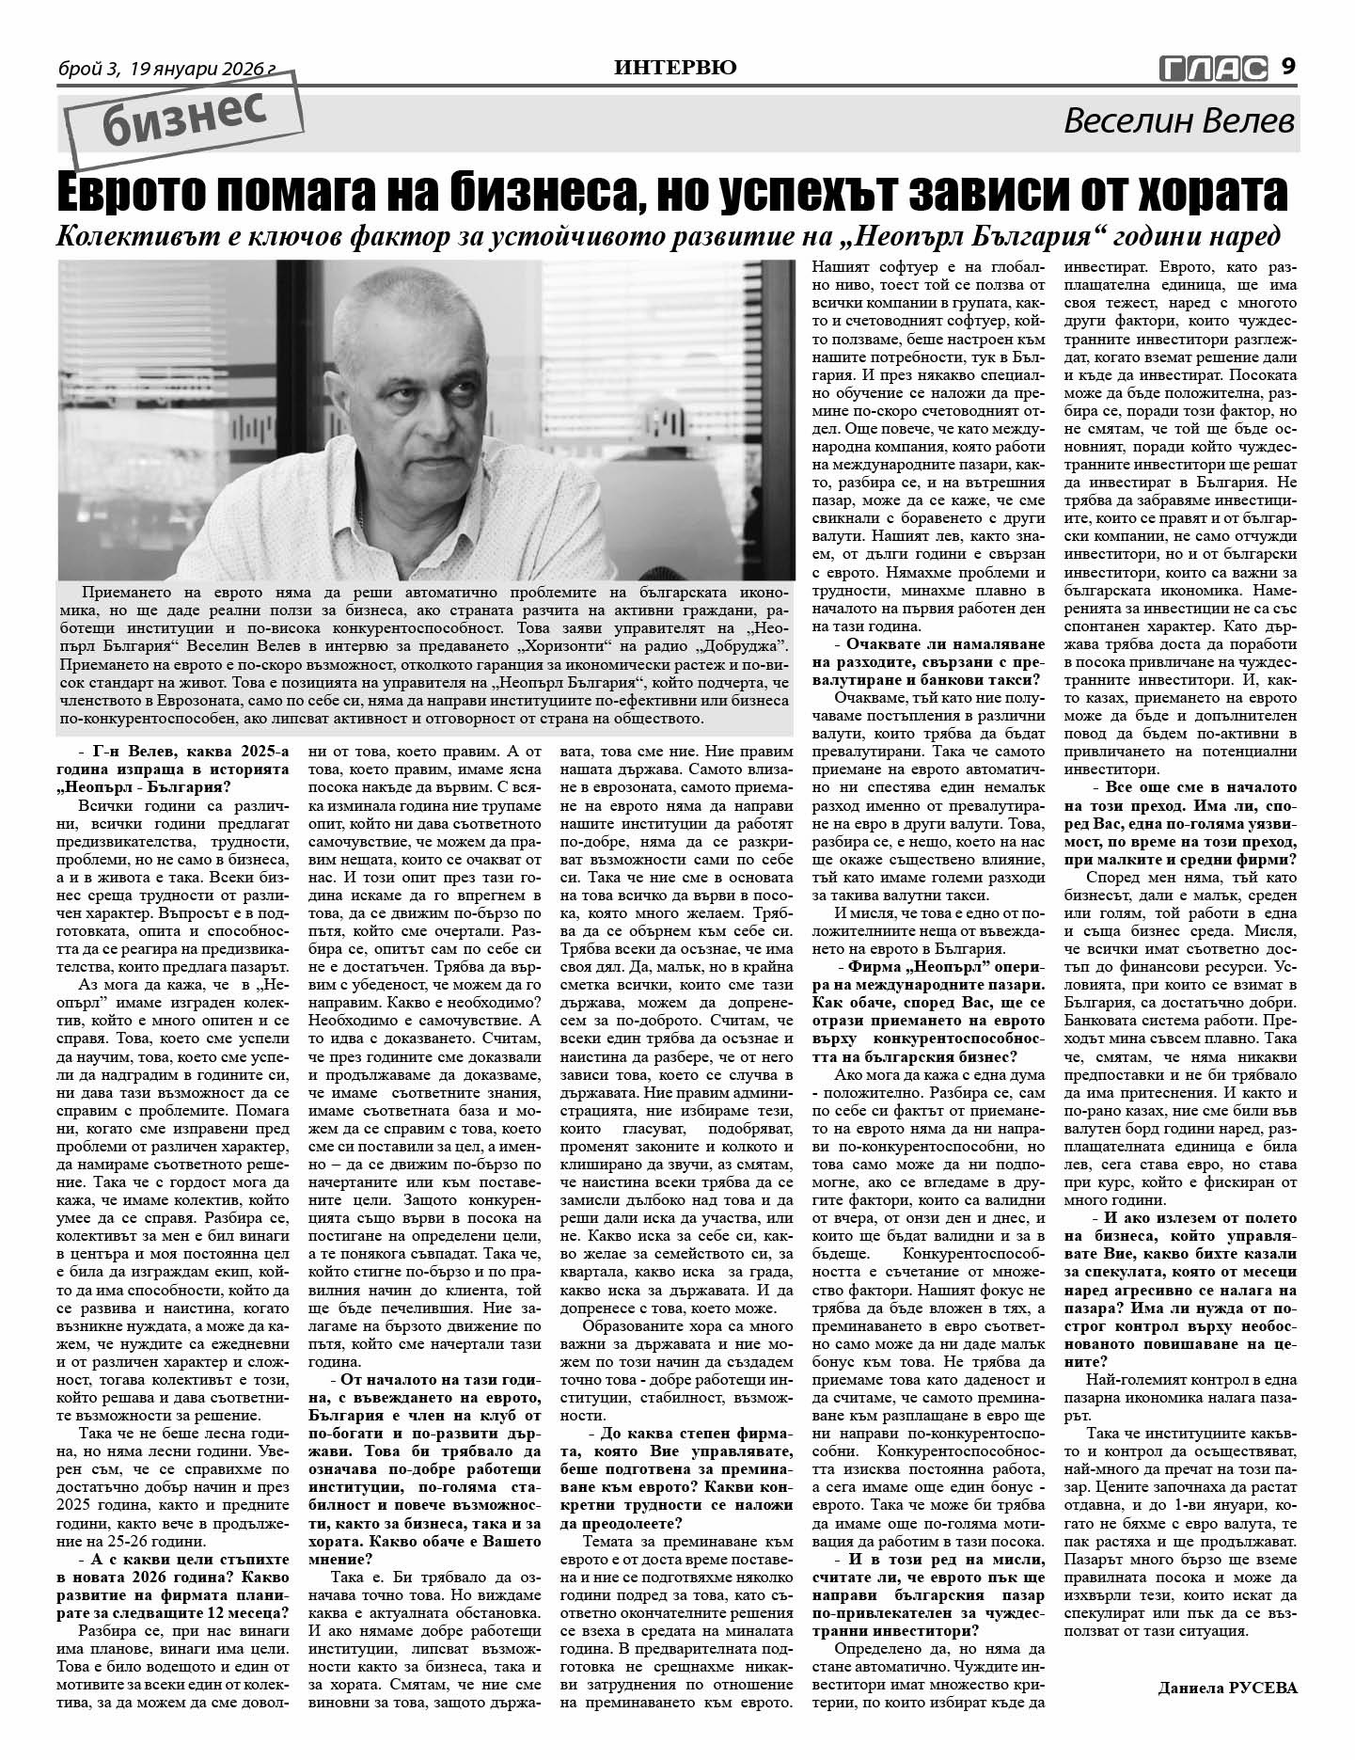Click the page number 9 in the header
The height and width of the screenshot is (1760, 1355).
[x=1288, y=67]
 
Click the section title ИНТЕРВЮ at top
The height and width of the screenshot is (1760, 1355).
[x=675, y=67]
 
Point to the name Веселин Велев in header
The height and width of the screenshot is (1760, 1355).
[x=1179, y=121]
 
